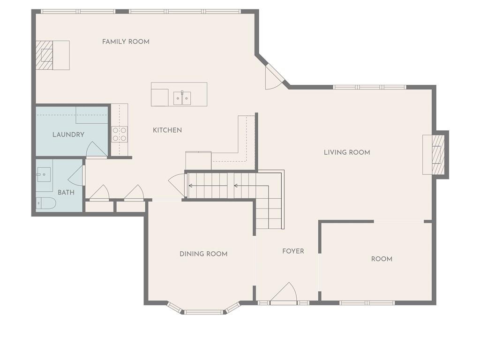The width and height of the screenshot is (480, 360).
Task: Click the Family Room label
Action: pyautogui.click(x=126, y=42)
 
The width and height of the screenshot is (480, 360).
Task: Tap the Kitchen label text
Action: pyautogui.click(x=167, y=130)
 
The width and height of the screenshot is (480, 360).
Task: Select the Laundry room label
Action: pyautogui.click(x=68, y=135)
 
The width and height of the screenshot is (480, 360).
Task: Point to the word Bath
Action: pyautogui.click(x=66, y=193)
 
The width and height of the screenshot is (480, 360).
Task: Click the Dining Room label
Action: pyautogui.click(x=203, y=254)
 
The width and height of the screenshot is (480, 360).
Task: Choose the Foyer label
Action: pyautogui.click(x=293, y=251)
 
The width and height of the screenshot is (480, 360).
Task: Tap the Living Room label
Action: pyautogui.click(x=347, y=152)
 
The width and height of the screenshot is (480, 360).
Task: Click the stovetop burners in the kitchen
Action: pyautogui.click(x=120, y=135)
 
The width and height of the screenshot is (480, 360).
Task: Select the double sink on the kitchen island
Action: pyautogui.click(x=182, y=98)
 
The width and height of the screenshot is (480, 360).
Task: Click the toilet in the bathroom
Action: pyautogui.click(x=46, y=203)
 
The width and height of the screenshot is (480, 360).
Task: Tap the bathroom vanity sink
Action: pyautogui.click(x=45, y=175)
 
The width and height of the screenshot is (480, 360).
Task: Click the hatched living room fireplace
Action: pyautogui.click(x=438, y=155)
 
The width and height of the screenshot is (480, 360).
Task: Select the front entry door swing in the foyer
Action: pyautogui.click(x=284, y=293)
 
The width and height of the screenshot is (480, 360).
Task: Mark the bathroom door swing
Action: pyautogui.click(x=76, y=175)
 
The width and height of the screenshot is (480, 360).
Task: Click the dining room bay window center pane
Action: pyautogui.click(x=204, y=312)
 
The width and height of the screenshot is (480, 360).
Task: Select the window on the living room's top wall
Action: pyautogui.click(x=369, y=87)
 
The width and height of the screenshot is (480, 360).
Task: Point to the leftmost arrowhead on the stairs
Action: pyautogui.click(x=190, y=186)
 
